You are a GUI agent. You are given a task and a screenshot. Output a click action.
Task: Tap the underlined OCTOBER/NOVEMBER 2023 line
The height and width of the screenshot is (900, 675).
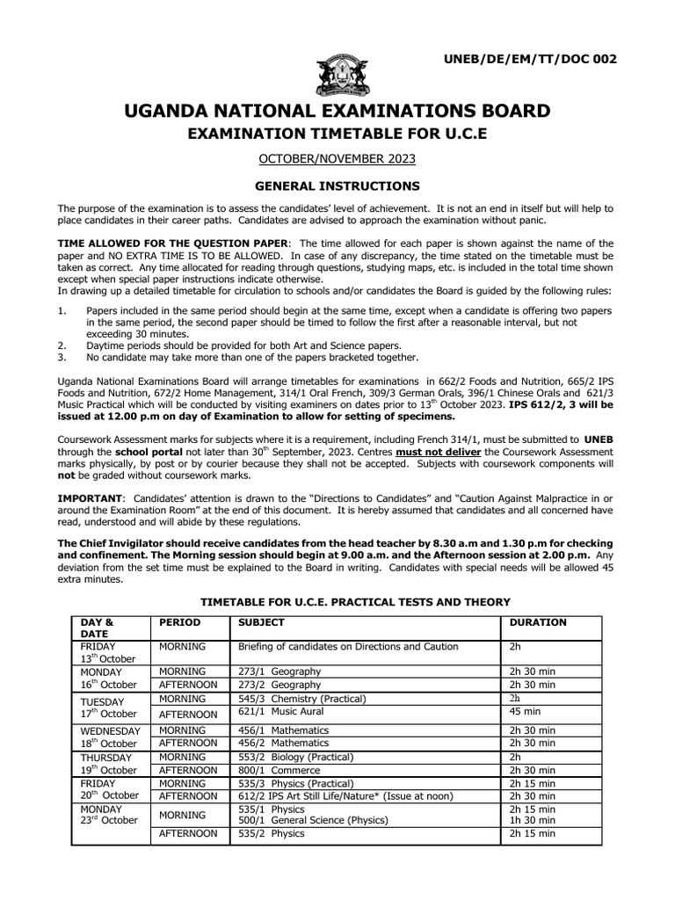coord(337,158)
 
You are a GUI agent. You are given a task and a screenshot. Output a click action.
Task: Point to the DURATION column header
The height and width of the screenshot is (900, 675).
coord(538,622)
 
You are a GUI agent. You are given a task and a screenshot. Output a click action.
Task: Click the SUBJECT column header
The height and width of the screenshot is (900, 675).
coord(261,622)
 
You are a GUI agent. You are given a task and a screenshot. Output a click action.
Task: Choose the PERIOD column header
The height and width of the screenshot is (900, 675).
coord(179,622)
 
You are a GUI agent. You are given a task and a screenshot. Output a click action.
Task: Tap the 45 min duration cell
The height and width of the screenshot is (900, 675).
coord(526,712)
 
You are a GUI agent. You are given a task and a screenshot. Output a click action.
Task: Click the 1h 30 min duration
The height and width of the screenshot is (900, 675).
coord(533,820)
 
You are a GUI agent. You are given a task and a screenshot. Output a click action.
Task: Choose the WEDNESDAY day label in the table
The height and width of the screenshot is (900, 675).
coord(110,731)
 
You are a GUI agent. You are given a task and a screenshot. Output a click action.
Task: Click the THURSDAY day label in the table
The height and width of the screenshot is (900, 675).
coord(106,758)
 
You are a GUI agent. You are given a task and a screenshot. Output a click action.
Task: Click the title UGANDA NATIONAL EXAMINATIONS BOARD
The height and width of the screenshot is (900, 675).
coord(337,112)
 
